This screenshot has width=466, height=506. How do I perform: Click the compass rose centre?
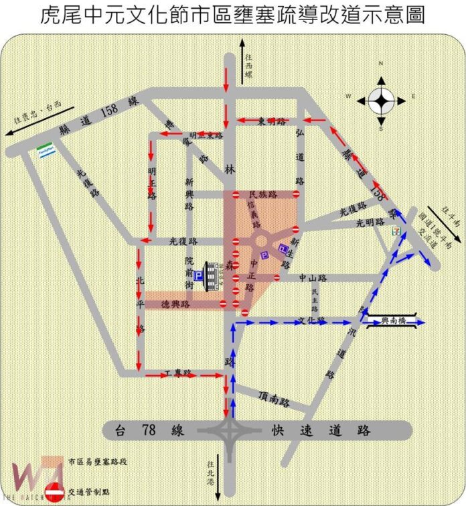pyautogui.click(x=380, y=102)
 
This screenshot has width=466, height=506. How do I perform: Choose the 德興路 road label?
pyautogui.click(x=176, y=304)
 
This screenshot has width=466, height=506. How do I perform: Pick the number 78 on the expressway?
pyautogui.click(x=159, y=430)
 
